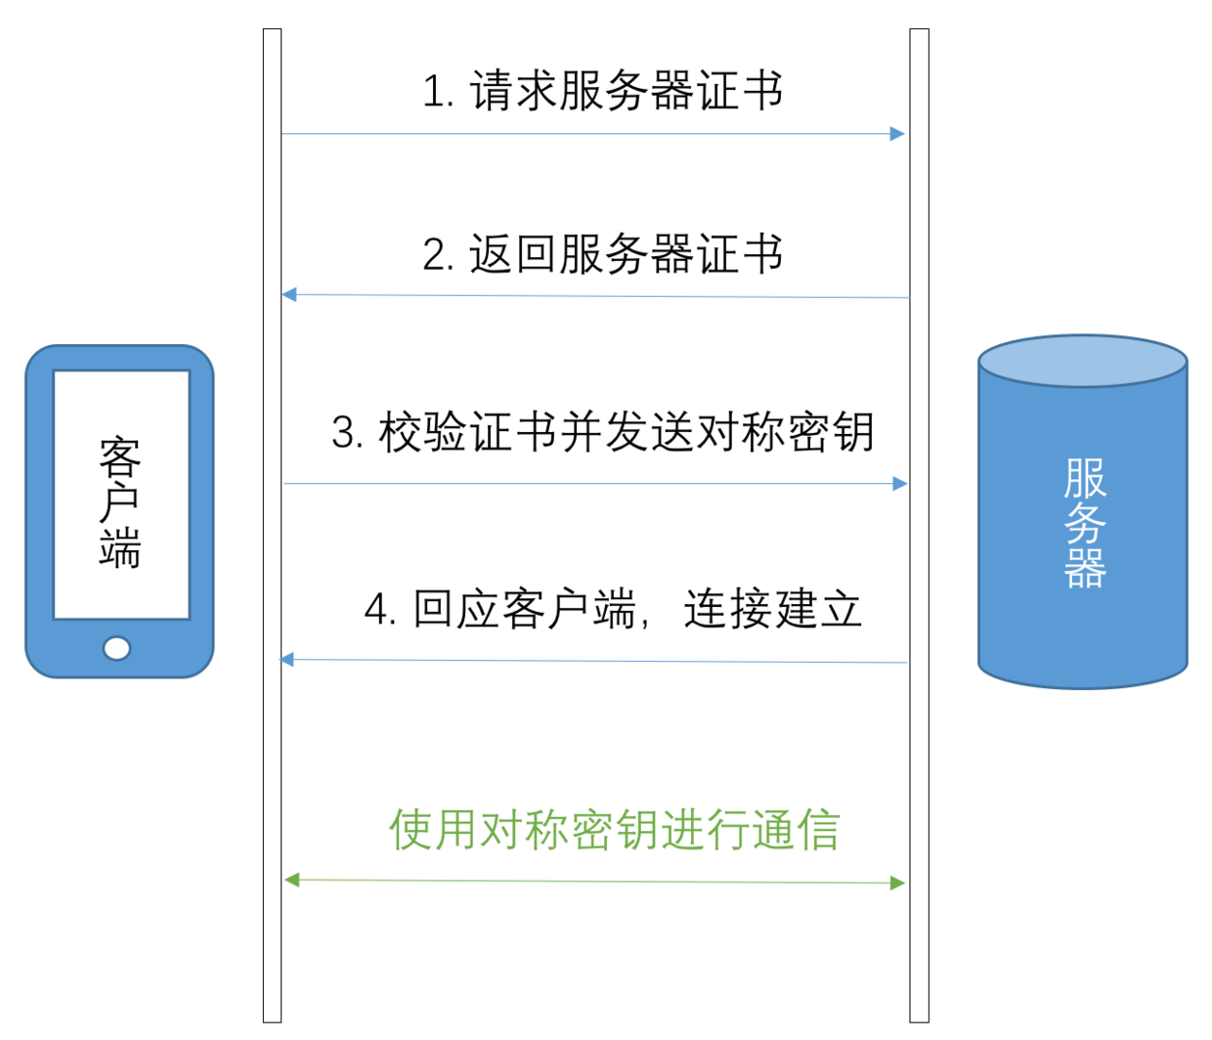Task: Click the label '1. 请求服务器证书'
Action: pyautogui.click(x=602, y=92)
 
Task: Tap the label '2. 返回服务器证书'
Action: pyautogui.click(x=602, y=254)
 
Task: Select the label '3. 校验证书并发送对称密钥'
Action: pyautogui.click(x=602, y=432)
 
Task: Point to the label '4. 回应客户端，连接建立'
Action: pyautogui.click(x=613, y=610)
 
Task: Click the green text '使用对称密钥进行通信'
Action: pyautogui.click(x=614, y=830)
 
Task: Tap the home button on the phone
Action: pyautogui.click(x=117, y=648)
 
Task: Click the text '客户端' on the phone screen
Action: pyautogui.click(x=120, y=502)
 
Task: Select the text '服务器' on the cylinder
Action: pyautogui.click(x=1084, y=523)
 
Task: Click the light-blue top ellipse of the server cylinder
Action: pyautogui.click(x=1083, y=361)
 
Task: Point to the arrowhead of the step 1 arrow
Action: pyautogui.click(x=897, y=134)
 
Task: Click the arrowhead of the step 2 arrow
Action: pyautogui.click(x=289, y=294)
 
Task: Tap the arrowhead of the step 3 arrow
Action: pyautogui.click(x=899, y=483)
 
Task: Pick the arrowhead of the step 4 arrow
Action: pyautogui.click(x=287, y=660)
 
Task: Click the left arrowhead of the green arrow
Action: pyautogui.click(x=291, y=880)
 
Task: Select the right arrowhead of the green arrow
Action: pyautogui.click(x=897, y=883)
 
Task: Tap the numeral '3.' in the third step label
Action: pyautogui.click(x=348, y=433)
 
